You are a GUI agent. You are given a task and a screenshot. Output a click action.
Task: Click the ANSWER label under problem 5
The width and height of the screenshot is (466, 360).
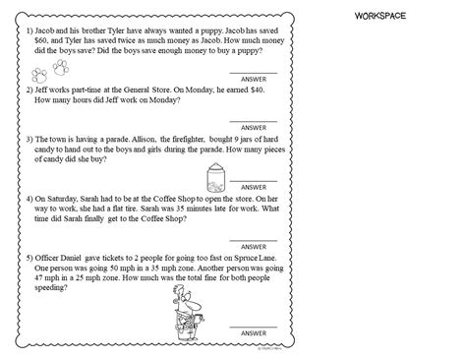tap(254, 334)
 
